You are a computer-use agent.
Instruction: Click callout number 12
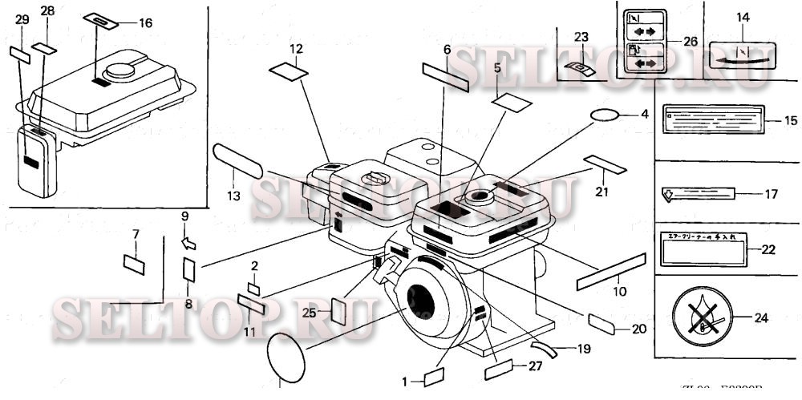click(x=297, y=49)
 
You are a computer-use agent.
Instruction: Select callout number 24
click(x=761, y=317)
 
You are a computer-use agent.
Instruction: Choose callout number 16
click(x=144, y=23)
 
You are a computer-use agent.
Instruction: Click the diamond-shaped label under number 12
click(x=288, y=71)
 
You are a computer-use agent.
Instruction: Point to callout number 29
click(x=22, y=18)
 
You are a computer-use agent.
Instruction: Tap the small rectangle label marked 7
click(x=134, y=263)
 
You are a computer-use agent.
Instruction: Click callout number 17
click(x=770, y=194)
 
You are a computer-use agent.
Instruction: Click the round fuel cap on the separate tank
click(x=124, y=71)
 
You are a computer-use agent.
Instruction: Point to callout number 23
click(x=581, y=36)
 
